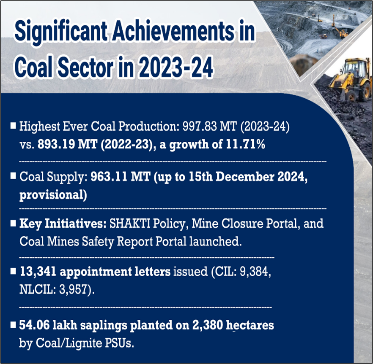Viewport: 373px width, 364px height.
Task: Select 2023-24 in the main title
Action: click(176, 67)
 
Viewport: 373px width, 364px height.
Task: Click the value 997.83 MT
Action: click(210, 126)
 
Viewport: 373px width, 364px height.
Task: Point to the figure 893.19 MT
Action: click(67, 144)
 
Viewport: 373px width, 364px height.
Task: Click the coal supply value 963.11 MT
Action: click(121, 177)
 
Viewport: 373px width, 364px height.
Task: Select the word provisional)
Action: click(53, 195)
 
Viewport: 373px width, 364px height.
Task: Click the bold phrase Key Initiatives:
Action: click(63, 224)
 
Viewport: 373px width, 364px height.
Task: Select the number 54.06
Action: click(34, 325)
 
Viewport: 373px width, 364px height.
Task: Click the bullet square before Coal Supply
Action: click(14, 176)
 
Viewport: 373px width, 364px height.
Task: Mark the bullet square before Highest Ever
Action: click(14, 126)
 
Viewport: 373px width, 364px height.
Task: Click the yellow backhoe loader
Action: click(350, 79)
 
